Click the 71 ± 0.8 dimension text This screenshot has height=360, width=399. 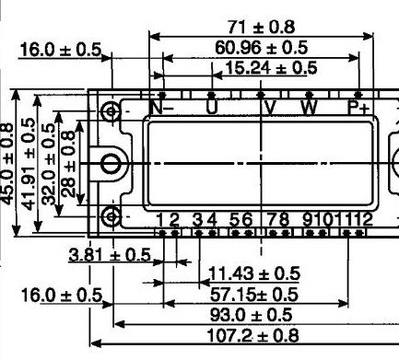[262, 27]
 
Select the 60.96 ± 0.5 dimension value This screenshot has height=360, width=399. [261, 48]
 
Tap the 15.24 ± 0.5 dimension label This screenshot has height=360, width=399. [271, 68]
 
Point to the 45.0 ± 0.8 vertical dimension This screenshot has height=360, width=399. [7, 164]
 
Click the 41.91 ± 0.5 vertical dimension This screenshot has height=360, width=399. [29, 164]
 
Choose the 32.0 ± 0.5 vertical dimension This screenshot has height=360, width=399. [49, 164]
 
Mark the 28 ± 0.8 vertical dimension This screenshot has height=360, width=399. [68, 164]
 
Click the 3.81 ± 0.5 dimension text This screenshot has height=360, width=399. [110, 255]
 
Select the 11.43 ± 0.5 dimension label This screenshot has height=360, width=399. [254, 273]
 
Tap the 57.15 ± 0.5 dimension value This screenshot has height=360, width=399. [254, 295]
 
